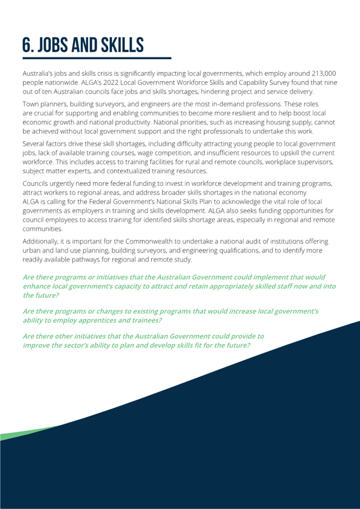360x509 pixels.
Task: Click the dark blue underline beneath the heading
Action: point(97,58)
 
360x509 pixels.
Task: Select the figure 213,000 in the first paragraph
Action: point(318,73)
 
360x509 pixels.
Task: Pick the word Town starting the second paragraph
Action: point(31,104)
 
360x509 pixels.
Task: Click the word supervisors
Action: point(313,162)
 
